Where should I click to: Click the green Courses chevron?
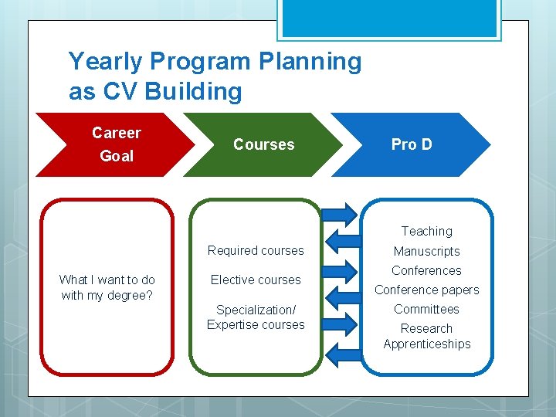tap(264, 144)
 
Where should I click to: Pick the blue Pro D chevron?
tap(412, 144)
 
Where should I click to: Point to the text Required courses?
tap(256, 250)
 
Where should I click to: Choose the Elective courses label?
tap(256, 280)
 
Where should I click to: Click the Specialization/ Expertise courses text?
tap(256, 317)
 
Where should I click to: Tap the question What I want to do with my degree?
tap(107, 287)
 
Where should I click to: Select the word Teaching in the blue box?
tap(426, 231)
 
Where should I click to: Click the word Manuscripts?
tap(426, 251)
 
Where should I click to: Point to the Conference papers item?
tap(426, 290)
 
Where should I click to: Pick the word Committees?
tap(426, 309)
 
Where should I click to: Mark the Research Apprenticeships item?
tap(426, 336)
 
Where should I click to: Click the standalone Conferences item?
tap(426, 270)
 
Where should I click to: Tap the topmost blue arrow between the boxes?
tap(341, 213)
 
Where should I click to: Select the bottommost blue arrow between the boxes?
tap(341, 353)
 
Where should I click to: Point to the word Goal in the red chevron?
tap(117, 156)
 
